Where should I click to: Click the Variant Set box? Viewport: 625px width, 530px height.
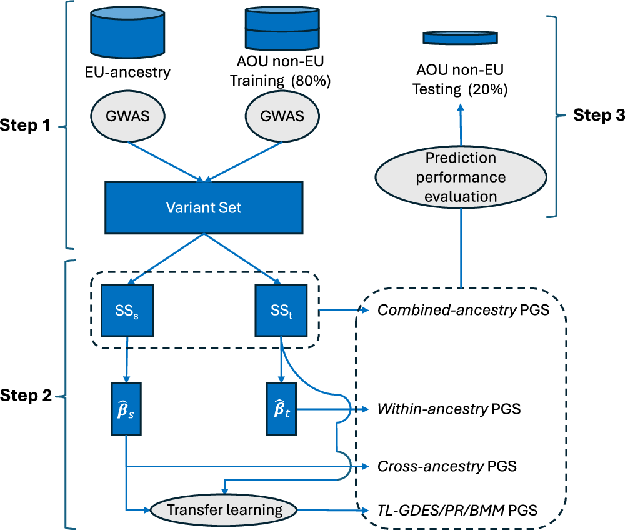point(204,207)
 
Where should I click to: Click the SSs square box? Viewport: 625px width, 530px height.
point(127,311)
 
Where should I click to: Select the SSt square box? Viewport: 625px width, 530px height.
point(281,311)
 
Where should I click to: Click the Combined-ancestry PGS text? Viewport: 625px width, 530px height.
point(462,310)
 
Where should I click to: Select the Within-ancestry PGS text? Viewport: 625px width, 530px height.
point(449,410)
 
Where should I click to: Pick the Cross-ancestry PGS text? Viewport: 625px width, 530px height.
point(447,466)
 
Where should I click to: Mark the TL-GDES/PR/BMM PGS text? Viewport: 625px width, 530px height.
point(457,510)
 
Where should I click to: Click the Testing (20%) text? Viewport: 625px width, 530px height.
point(460,89)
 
